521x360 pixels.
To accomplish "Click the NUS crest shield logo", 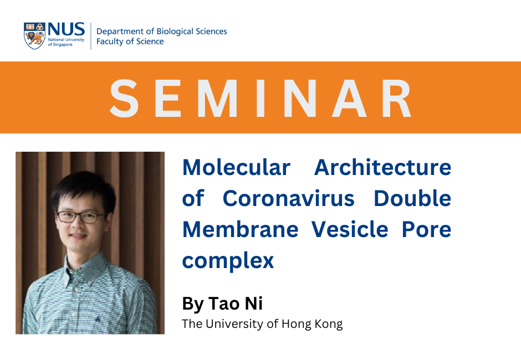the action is tap(34, 36).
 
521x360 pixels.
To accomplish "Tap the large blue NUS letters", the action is tap(66, 29).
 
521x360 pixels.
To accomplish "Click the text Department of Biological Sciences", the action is tap(161, 31).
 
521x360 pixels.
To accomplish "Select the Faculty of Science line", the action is tap(130, 41).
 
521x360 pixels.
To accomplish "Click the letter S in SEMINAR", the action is tap(124, 98).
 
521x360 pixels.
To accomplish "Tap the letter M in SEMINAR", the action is tap(217, 98).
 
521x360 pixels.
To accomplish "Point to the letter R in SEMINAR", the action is tap(397, 98).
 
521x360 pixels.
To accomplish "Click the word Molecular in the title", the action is tap(236, 167).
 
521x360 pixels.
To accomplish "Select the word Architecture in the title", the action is tap(382, 167).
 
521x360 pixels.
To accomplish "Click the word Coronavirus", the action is tap(288, 199).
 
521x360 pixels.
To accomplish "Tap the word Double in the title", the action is tap(412, 198).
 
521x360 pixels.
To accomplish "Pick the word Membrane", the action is tap(240, 229).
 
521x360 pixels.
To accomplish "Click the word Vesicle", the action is tap(350, 229).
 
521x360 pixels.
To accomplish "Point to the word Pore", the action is tap(426, 229).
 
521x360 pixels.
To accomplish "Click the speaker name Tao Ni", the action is tap(235, 303).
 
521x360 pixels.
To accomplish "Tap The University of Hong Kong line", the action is tap(262, 324).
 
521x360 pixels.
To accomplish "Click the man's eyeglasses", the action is tap(81, 217).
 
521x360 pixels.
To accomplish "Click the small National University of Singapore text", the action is tap(66, 42).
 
